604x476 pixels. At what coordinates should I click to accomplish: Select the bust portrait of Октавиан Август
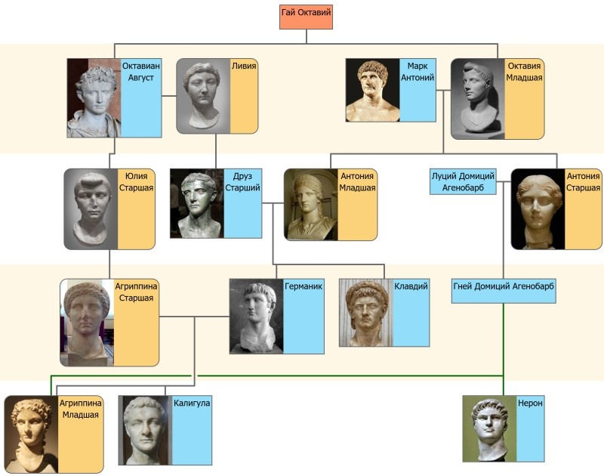pyautogui.click(x=94, y=98)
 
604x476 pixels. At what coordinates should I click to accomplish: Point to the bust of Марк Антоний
pyautogui.click(x=372, y=90)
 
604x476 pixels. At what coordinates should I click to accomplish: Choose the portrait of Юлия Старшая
pyautogui.click(x=91, y=209)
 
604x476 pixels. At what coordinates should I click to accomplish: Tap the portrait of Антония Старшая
pyautogui.click(x=538, y=209)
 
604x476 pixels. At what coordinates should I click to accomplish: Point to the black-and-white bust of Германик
pyautogui.click(x=256, y=316)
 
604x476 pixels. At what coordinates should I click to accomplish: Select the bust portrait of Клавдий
pyautogui.click(x=365, y=312)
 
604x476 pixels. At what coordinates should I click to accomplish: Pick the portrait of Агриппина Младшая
pyautogui.click(x=31, y=434)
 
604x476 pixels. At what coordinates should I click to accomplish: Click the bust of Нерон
pyautogui.click(x=489, y=428)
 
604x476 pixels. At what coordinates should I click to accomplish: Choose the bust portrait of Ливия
pyautogui.click(x=203, y=97)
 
